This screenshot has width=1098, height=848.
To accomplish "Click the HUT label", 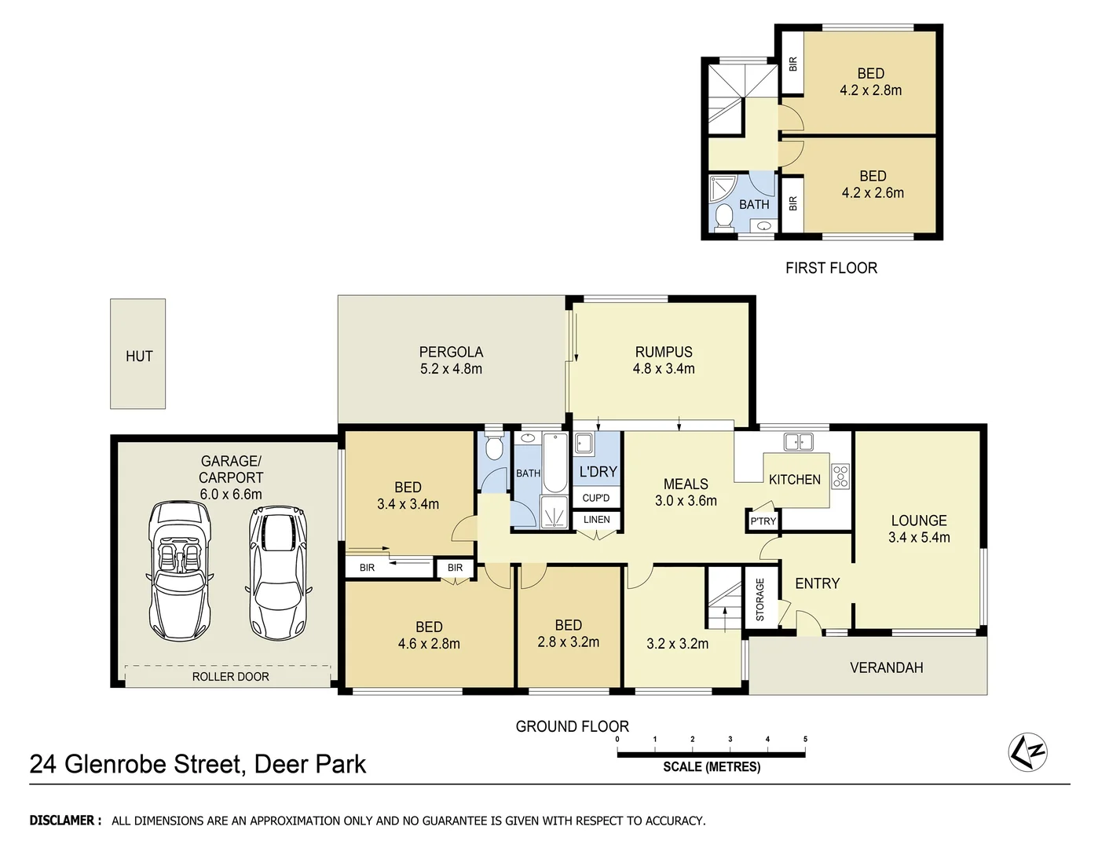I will [x=139, y=356].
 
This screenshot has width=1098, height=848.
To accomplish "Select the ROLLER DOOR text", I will [x=230, y=677].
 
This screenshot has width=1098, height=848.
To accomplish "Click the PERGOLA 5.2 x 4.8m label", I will [x=451, y=360].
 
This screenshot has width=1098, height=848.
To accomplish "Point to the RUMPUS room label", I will [x=664, y=353].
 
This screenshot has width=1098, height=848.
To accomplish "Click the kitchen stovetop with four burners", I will [x=840, y=477].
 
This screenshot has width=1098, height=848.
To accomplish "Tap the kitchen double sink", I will [x=798, y=442].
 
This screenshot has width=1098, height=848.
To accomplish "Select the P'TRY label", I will [x=763, y=521].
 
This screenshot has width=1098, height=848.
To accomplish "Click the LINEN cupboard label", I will [x=596, y=520].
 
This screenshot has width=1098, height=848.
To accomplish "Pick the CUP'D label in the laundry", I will [x=596, y=498].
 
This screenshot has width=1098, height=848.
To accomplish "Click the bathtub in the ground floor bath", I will [x=554, y=462].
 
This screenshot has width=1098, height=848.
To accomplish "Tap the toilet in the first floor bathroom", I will [x=723, y=218].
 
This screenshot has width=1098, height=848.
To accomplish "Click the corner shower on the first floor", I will [x=722, y=188].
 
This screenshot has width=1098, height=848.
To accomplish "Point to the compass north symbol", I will [x=1028, y=752].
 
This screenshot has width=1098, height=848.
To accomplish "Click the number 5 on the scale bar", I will [x=805, y=739].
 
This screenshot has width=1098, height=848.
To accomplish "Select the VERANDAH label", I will [x=886, y=667].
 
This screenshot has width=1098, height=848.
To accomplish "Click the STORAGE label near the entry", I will [x=759, y=599].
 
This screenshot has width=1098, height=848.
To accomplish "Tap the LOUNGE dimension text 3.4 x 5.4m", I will [x=919, y=538].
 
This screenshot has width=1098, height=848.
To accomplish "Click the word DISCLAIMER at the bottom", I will [x=65, y=821].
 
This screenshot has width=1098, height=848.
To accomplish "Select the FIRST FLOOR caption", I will [x=831, y=268].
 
